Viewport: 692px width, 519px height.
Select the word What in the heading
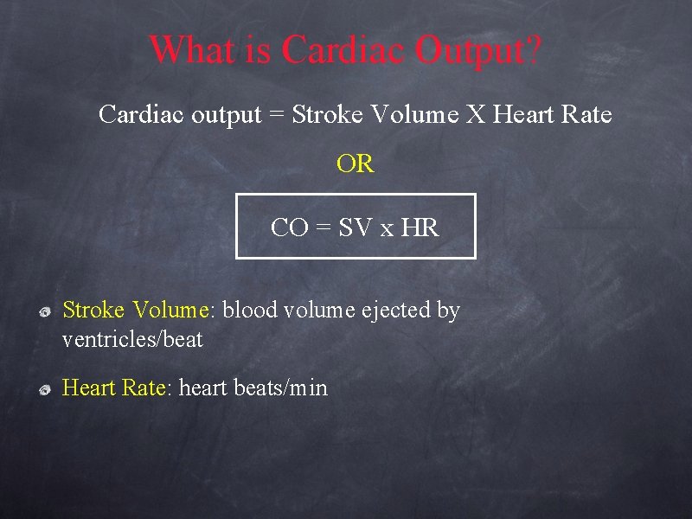tap(191, 49)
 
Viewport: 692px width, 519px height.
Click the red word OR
tap(356, 164)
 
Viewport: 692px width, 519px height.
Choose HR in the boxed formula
tap(420, 228)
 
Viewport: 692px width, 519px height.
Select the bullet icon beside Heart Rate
tap(47, 388)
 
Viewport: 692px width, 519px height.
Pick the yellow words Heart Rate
tap(114, 388)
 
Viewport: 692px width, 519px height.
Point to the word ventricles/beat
tap(132, 340)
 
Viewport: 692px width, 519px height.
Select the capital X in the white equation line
tap(476, 114)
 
